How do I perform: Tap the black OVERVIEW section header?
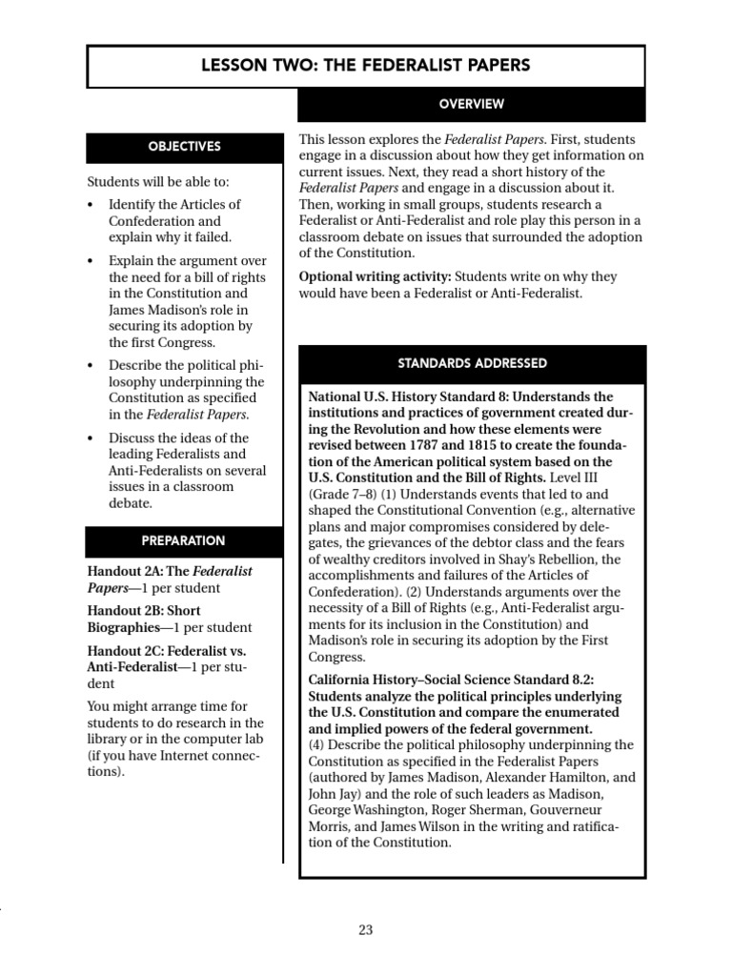[x=472, y=104]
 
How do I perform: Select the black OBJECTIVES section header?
[x=184, y=147]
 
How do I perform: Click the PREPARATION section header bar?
[x=184, y=540]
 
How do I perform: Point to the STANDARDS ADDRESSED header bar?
[x=472, y=363]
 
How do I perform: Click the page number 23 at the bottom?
[x=366, y=931]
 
